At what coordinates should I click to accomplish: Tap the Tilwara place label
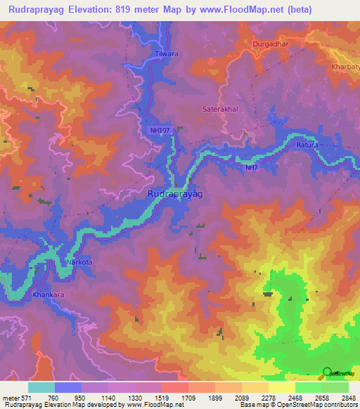click(163, 53)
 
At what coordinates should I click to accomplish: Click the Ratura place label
click(307, 145)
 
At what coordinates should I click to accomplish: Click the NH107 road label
click(160, 131)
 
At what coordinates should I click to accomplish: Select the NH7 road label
click(251, 168)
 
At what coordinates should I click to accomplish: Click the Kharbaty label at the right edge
click(345, 67)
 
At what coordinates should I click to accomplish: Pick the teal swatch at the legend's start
click(41, 387)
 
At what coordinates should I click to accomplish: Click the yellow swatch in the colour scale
click(281, 387)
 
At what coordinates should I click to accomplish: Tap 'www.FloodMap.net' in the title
click(233, 10)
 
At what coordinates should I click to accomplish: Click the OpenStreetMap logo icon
click(327, 372)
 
